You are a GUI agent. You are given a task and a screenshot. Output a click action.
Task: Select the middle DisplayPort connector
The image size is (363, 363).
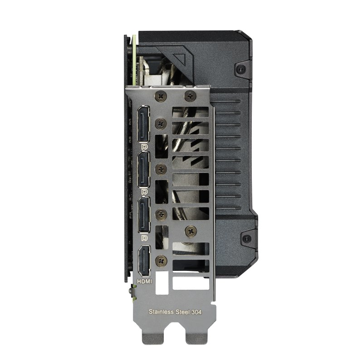coord(143,168)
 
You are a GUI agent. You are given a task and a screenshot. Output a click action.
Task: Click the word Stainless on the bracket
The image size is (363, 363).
coord(161,312)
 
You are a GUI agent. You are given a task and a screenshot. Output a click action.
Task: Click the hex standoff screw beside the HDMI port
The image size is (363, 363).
coord(160,260)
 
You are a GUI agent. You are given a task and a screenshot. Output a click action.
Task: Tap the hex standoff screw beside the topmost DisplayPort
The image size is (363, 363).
coord(160,123)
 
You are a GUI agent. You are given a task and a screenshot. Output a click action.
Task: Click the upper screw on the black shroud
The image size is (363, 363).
coord(241,69)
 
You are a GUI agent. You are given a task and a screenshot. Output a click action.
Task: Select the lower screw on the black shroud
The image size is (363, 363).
coord(246,238)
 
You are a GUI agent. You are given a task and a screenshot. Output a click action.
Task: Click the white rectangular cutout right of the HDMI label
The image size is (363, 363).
coord(185,283)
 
